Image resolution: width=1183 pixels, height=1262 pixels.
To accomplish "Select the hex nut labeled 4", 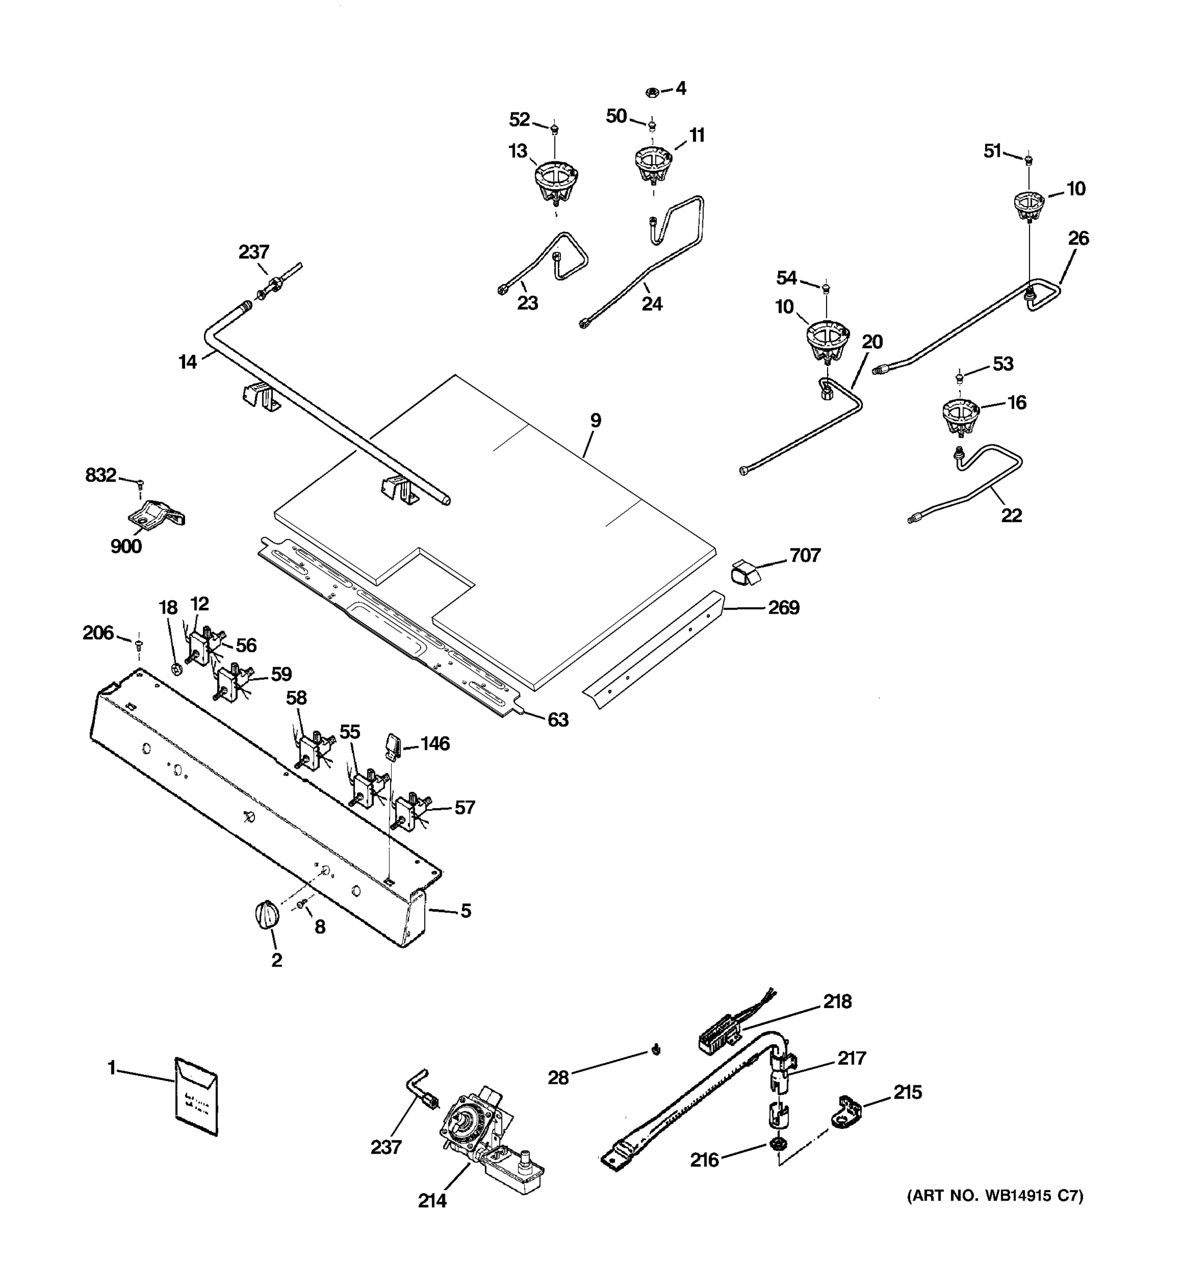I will (x=650, y=92).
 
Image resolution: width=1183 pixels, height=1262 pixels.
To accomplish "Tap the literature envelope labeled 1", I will (x=196, y=1096).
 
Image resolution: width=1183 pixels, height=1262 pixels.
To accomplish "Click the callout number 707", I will (x=805, y=555).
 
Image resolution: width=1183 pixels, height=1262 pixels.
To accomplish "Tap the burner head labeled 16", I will (x=960, y=416).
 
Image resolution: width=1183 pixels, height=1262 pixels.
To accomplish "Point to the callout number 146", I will (x=435, y=744).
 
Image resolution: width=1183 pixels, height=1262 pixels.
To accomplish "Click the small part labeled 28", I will (x=656, y=1051).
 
